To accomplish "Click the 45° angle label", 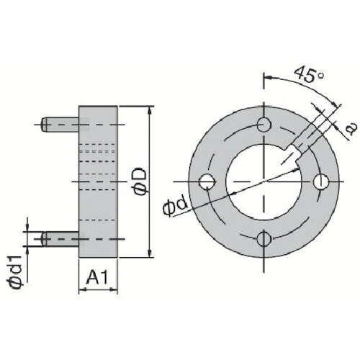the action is [310, 74].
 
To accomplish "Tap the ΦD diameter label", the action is [140, 181].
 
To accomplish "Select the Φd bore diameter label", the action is [175, 207].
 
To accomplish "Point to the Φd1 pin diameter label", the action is [17, 272].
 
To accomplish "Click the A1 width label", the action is [97, 277].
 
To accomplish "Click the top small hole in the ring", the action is [264, 125].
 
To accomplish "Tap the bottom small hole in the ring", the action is [264, 239].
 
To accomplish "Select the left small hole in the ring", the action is [207, 181].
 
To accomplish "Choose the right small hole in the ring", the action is [321, 181].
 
